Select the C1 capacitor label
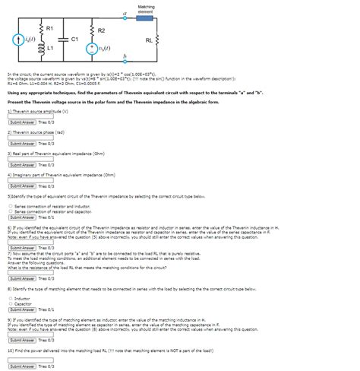74,38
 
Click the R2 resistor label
100,30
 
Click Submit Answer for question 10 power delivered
22,366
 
